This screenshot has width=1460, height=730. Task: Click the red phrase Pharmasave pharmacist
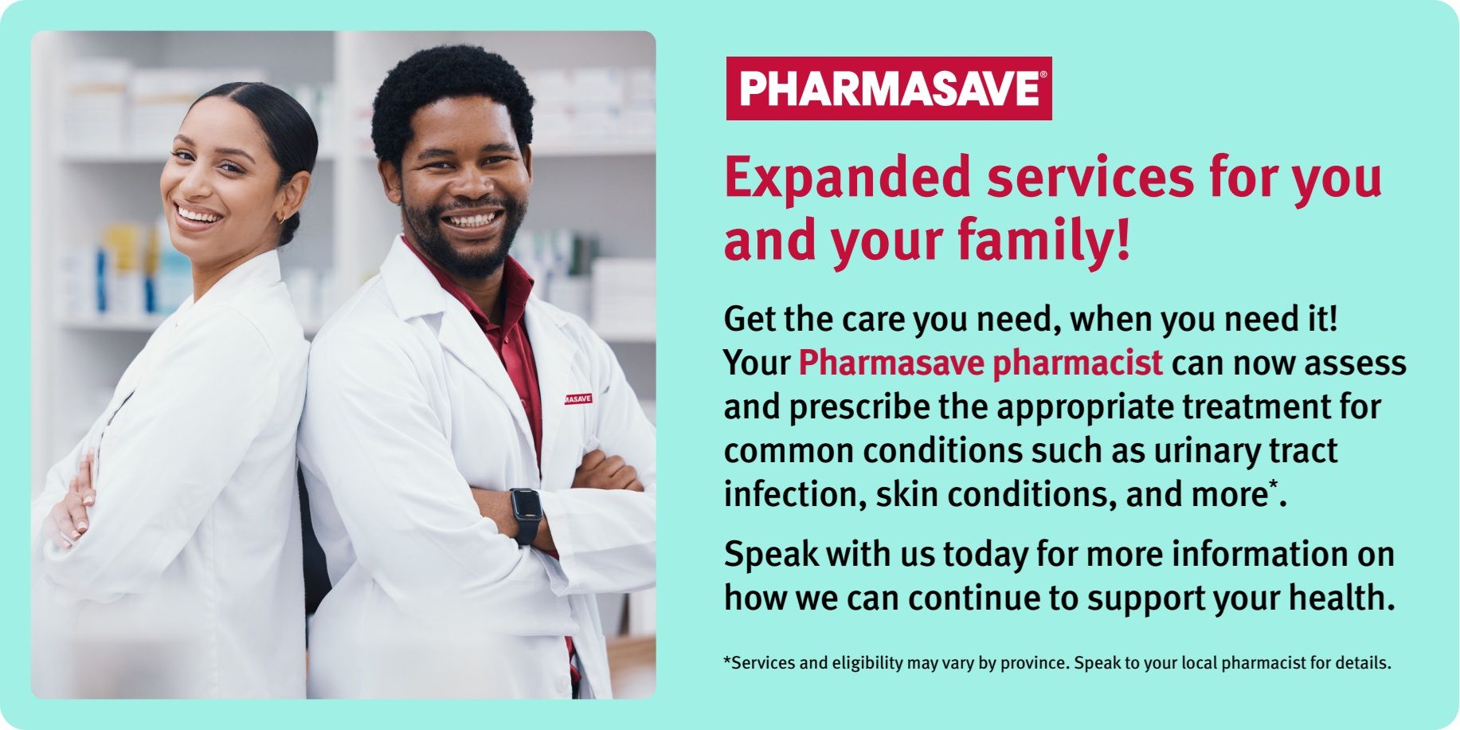coord(981,363)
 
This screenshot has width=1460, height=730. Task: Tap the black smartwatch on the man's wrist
coord(525,515)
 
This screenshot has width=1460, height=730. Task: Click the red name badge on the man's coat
coord(578,398)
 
